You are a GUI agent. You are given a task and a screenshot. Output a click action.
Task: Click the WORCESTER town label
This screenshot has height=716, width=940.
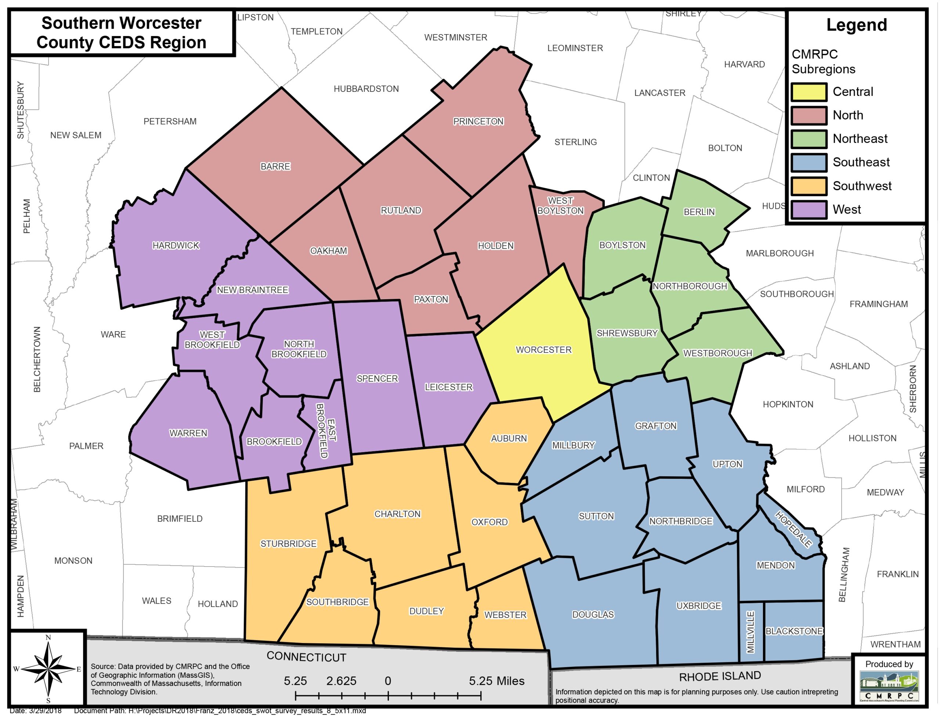click(x=543, y=350)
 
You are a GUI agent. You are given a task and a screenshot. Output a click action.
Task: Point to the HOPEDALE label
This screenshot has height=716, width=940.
click(x=793, y=529)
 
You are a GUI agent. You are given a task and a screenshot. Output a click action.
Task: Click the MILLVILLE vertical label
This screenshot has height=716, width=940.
click(x=751, y=632)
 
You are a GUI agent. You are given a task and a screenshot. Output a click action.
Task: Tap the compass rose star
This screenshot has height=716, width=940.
click(x=48, y=669)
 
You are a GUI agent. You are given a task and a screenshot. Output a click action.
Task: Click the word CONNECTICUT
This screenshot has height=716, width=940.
click(x=306, y=657)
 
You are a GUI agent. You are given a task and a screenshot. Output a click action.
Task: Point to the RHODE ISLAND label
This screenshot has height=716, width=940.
click(x=720, y=676)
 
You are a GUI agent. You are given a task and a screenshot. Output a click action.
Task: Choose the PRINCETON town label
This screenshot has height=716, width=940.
click(x=478, y=122)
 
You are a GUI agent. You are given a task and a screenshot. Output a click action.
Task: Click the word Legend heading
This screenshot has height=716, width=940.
click(x=857, y=25)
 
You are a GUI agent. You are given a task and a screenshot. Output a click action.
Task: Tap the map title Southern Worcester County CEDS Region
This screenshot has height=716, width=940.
click(x=122, y=33)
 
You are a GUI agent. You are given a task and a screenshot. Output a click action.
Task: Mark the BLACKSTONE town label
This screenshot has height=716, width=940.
click(x=794, y=631)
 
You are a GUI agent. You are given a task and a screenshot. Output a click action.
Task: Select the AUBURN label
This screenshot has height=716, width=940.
click(x=509, y=438)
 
